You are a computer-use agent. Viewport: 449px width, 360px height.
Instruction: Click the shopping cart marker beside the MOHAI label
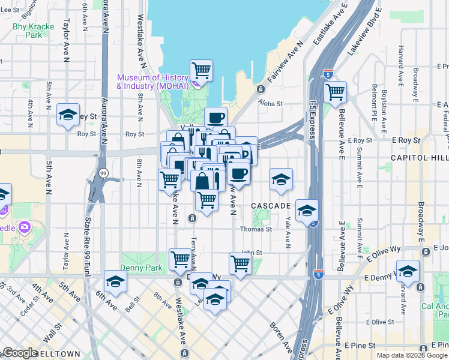pyautogui.click(x=202, y=71)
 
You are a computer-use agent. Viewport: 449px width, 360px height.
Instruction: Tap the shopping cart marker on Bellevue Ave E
pyautogui.click(x=335, y=92)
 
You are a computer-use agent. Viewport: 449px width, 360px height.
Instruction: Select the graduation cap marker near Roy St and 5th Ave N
pyautogui.click(x=68, y=114)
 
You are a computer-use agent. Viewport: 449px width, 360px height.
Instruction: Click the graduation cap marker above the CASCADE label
pyautogui.click(x=280, y=179)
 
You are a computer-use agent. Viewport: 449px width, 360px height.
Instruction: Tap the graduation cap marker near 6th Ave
pyautogui.click(x=115, y=281)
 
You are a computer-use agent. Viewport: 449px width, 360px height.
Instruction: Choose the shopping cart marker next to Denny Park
pyautogui.click(x=180, y=259)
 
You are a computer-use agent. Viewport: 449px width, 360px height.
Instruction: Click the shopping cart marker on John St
pyautogui.click(x=240, y=263)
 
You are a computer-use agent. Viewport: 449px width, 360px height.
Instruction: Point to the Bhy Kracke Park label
pyautogui.click(x=34, y=31)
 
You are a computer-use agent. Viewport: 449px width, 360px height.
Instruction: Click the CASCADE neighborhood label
pyautogui.click(x=271, y=206)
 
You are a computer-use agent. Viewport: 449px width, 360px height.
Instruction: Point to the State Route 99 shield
pyautogui.click(x=103, y=173)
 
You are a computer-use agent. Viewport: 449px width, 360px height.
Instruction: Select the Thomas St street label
pyautogui.click(x=256, y=229)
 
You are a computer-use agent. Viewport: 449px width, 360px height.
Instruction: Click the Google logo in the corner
pyautogui.click(x=20, y=353)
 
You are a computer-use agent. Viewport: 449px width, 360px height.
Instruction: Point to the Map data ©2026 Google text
pyautogui.click(x=412, y=355)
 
